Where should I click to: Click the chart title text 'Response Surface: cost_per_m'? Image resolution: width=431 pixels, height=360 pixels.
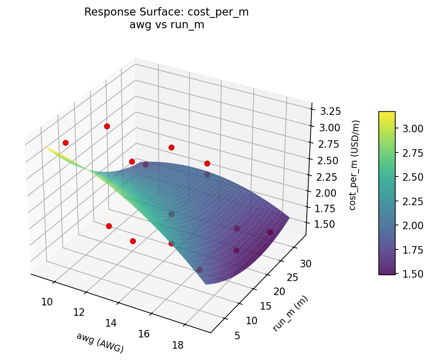coord(167,13)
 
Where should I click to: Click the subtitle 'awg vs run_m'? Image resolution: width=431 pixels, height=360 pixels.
coord(167,25)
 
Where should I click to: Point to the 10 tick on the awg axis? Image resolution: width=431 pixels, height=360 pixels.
coord(47,302)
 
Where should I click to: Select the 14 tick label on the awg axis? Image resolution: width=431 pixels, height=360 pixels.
coord(112,323)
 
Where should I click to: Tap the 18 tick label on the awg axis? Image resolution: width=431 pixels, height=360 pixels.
coord(178,345)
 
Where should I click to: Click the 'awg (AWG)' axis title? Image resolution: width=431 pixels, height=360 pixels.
coord(100,343)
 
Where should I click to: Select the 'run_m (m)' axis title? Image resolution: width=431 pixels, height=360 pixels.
coord(290,313)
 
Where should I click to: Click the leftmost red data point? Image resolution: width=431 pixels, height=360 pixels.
coord(65,143)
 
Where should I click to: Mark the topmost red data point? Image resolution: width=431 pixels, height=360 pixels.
coord(107,126)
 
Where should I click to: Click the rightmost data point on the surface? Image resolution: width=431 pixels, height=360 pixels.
coord(270,232)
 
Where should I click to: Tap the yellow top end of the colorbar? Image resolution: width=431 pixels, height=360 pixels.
coord(387,114)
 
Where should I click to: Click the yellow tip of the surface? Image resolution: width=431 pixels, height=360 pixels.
coord(48,148)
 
